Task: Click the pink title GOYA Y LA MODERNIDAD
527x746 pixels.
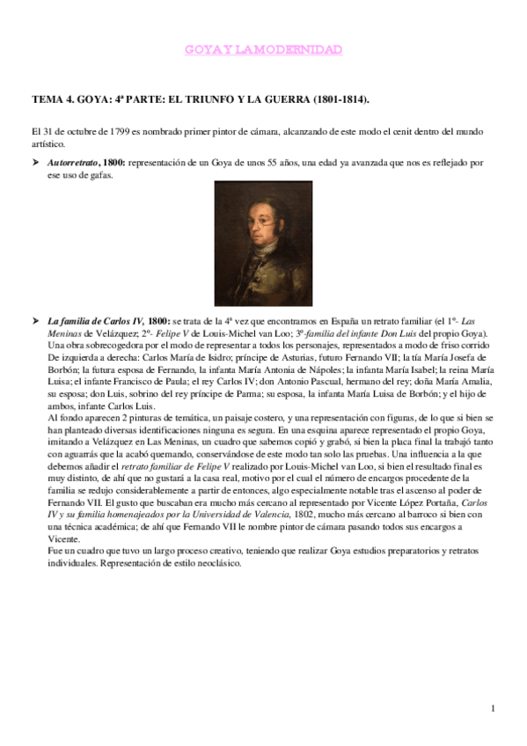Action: pos(263,51)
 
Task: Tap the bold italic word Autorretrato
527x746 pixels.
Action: pos(72,163)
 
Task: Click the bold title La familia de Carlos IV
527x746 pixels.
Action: pos(96,322)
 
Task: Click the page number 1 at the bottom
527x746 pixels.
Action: pos(494,709)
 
